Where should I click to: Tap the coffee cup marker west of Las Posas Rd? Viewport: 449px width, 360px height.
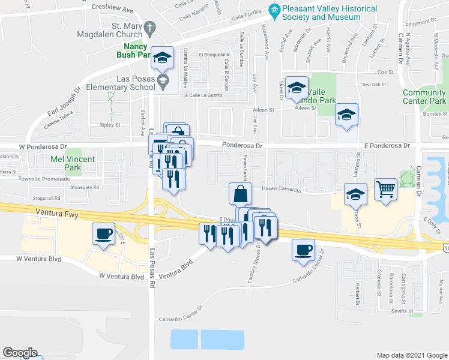[x=104, y=234]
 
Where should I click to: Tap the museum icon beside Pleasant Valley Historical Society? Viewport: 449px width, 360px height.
[x=275, y=9]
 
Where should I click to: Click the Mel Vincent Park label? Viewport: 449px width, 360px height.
[x=73, y=163]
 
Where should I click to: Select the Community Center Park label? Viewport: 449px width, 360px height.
[x=424, y=97]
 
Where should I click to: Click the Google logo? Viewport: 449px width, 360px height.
[x=20, y=353]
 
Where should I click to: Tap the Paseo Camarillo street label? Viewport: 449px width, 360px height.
[x=289, y=188]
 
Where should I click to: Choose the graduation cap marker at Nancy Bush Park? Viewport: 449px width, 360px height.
[x=162, y=58]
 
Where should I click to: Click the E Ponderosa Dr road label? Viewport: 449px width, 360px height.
[x=387, y=145]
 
